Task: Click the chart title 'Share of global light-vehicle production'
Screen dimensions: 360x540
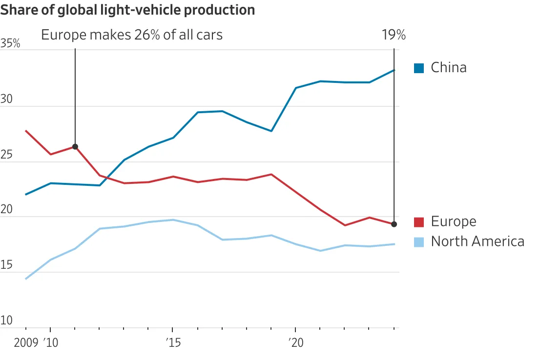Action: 127,10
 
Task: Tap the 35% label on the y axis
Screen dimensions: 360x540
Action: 10,44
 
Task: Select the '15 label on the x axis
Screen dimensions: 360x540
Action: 172,342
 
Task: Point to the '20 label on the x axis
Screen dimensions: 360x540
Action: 295,342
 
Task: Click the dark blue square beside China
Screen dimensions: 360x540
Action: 419,68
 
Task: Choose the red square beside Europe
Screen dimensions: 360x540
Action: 419,222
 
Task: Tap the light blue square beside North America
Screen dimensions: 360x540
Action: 419,241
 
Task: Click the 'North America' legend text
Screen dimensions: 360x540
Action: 478,241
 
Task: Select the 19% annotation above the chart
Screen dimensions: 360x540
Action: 394,35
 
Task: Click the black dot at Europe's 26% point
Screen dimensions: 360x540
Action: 75,147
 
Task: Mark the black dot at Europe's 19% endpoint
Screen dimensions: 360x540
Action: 394,224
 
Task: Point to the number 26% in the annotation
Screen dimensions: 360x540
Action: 147,35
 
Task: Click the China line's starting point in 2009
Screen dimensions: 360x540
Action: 26,194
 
